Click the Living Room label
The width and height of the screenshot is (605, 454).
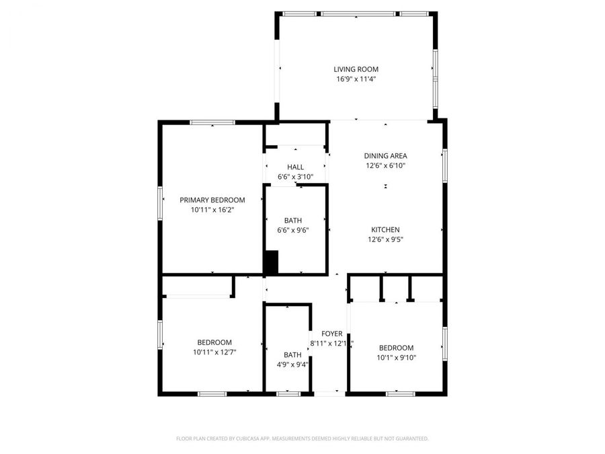[x=356, y=69]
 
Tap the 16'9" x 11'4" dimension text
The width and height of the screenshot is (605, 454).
[x=356, y=79]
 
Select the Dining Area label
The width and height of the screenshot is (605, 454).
[x=385, y=156]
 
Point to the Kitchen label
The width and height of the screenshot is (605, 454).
[x=385, y=230]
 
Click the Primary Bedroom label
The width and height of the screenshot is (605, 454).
[x=212, y=200]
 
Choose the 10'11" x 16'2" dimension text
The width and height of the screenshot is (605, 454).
[x=212, y=210]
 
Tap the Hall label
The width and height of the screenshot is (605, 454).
[x=295, y=167]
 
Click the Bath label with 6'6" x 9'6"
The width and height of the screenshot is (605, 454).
[x=292, y=221]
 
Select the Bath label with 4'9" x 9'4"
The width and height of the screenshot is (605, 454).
[x=292, y=355]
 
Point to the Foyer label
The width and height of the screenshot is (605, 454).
[x=331, y=334]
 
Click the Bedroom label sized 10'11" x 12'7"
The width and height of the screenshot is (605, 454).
[x=214, y=342]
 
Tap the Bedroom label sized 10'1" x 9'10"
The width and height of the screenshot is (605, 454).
[x=396, y=348]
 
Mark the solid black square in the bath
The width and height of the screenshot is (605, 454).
[x=270, y=262]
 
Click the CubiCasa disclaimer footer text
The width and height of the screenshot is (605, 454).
[x=302, y=439]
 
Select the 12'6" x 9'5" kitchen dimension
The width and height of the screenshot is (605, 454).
[x=385, y=239]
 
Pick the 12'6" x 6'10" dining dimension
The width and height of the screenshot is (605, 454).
[x=385, y=165]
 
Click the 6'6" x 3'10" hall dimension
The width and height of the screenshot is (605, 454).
[x=295, y=177]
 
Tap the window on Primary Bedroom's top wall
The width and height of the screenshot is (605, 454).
[x=212, y=122]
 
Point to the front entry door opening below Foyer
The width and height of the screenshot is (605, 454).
[x=329, y=393]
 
